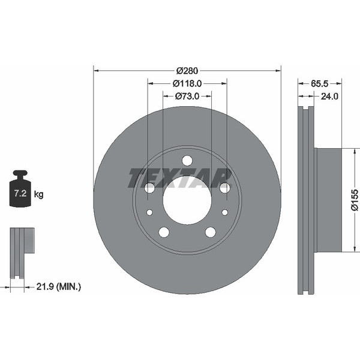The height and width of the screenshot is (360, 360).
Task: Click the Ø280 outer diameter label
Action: (x=187, y=71)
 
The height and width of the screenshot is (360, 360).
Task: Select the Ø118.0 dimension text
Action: (x=187, y=83)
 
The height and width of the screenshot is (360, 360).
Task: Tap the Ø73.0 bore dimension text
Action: (x=187, y=96)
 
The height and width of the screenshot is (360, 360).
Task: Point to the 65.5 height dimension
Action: (x=320, y=84)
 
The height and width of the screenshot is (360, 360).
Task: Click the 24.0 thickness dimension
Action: (x=329, y=96)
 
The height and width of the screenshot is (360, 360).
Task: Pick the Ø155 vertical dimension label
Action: (x=355, y=200)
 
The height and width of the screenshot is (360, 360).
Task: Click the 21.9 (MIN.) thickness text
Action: (x=59, y=287)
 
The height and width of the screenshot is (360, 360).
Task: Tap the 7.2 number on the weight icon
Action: (x=20, y=193)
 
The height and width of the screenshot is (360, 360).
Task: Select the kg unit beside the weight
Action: (x=38, y=194)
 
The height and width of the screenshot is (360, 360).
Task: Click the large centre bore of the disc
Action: (x=187, y=200)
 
